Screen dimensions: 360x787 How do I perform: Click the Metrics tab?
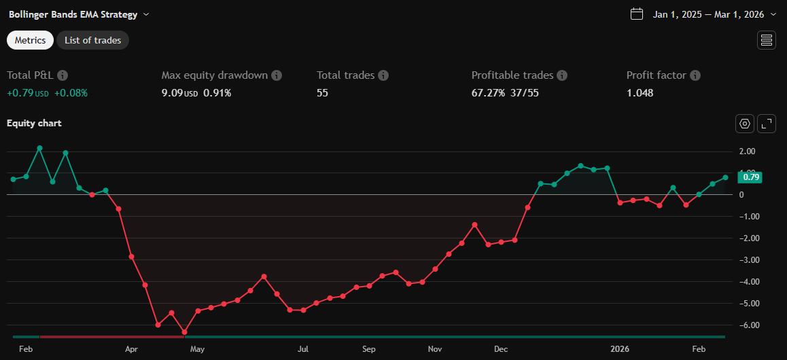click(x=30, y=40)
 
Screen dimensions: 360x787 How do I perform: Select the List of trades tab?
click(x=92, y=40)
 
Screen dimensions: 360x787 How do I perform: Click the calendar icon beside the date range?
click(x=637, y=14)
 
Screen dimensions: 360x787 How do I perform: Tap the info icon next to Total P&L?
click(x=63, y=75)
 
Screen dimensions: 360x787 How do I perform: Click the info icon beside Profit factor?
click(x=695, y=75)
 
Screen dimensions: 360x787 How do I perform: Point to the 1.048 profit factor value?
click(x=640, y=93)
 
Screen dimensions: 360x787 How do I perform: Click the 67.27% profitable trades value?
click(x=488, y=93)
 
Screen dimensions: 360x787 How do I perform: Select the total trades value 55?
click(x=322, y=93)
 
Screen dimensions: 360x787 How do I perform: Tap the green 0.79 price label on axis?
click(x=750, y=177)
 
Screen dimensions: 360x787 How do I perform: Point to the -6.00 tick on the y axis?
click(x=746, y=325)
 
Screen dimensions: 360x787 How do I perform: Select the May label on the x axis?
click(x=197, y=349)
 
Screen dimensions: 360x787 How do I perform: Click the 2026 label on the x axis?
click(x=619, y=349)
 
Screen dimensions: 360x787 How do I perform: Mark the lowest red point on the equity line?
click(x=184, y=333)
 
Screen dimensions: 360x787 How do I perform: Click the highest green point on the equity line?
click(x=39, y=148)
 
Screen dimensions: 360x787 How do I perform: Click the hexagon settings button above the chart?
click(x=745, y=124)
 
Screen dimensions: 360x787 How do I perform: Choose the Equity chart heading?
click(x=34, y=123)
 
